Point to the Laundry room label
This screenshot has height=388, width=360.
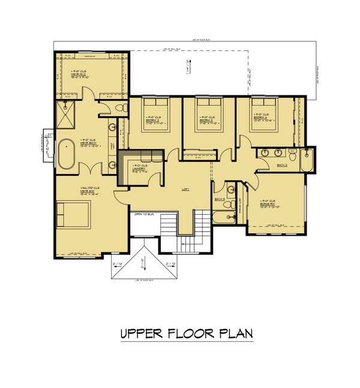pyautogui.click(x=140, y=167)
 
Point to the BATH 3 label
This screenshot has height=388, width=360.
pyautogui.click(x=220, y=198)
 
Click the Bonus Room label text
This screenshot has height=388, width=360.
pyautogui.click(x=267, y=204)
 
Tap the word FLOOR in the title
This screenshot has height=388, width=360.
pyautogui.click(x=187, y=333)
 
